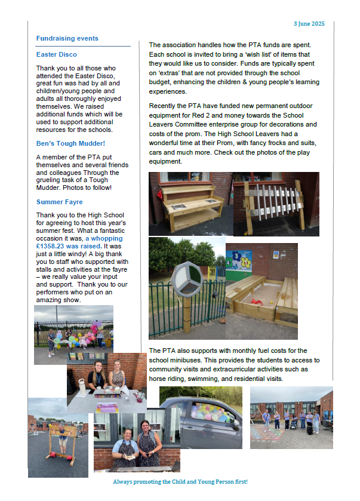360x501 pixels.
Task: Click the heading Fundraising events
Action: [x=67, y=39]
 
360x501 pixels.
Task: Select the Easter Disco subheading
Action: [x=53, y=54]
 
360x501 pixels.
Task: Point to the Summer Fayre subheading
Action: [x=59, y=202]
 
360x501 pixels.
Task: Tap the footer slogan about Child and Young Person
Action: [x=180, y=481]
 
